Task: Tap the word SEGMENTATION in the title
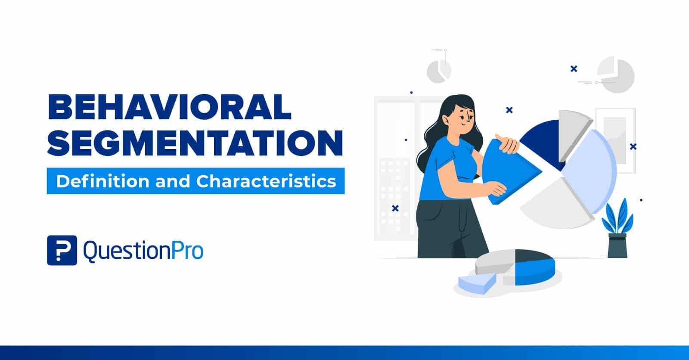pos(195,143)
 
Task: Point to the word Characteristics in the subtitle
pos(266,181)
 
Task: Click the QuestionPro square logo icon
pos(62,250)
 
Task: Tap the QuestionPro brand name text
pos(143,251)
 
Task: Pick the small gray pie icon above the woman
pos(439,71)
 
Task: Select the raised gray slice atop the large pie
pos(573,125)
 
